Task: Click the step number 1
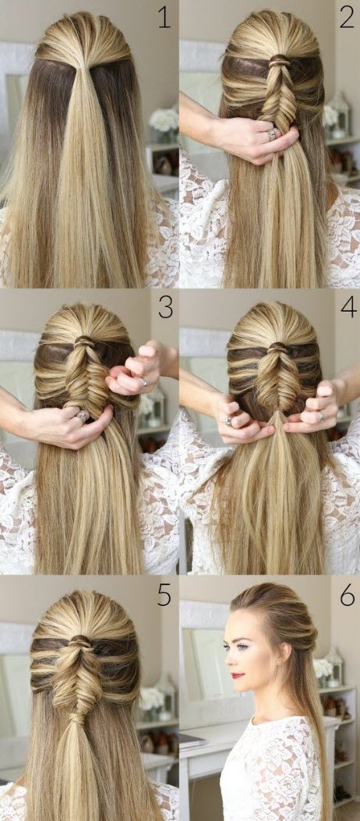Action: tap(163, 17)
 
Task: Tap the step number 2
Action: tap(346, 17)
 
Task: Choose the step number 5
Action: tap(164, 596)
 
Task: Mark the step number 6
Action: tap(347, 596)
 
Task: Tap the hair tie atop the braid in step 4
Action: tap(277, 347)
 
